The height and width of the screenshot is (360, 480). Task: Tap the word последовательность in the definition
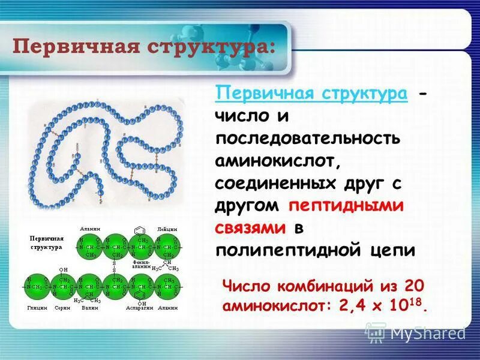coord(308,139)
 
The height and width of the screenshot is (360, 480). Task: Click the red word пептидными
coord(346,205)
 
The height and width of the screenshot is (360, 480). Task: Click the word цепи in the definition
coord(393,250)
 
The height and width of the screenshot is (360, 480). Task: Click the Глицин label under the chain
coord(37,307)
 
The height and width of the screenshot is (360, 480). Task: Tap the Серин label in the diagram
coord(62,307)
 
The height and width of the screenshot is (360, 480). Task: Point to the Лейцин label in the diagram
coord(166,229)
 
